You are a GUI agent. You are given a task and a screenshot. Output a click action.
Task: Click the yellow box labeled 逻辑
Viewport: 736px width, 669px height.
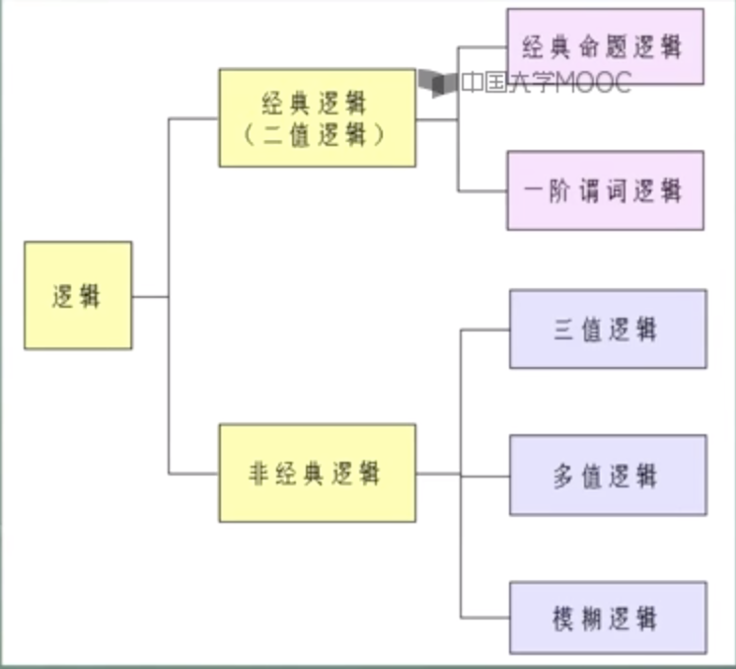point(78,295)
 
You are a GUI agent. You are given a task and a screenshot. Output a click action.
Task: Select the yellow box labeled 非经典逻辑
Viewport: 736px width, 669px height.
point(317,473)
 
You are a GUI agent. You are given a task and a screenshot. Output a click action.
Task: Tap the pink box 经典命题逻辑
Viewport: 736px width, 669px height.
point(605,46)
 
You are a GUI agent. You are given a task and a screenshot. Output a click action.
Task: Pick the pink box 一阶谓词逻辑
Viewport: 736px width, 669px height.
point(605,190)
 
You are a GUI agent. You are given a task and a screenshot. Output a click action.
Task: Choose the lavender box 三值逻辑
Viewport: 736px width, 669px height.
point(608,329)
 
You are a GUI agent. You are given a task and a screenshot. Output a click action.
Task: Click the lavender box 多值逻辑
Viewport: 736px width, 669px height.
point(608,475)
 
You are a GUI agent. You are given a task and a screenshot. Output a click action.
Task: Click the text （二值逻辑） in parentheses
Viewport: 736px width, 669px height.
point(317,135)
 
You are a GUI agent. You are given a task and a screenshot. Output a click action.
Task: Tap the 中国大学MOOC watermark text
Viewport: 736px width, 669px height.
point(546,84)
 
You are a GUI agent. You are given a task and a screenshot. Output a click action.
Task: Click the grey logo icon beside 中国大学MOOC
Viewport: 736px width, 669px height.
point(437,83)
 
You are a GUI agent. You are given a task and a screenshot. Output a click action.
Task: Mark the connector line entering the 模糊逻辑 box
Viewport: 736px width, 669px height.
point(484,618)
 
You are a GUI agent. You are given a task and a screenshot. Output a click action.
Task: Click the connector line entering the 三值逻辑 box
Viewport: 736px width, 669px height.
point(484,330)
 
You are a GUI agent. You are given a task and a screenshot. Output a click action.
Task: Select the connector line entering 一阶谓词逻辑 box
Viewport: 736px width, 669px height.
point(482,190)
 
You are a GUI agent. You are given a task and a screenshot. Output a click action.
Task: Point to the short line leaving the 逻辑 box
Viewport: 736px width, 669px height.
point(150,296)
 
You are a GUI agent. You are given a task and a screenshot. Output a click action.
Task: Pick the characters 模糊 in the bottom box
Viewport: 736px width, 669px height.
point(576,619)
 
